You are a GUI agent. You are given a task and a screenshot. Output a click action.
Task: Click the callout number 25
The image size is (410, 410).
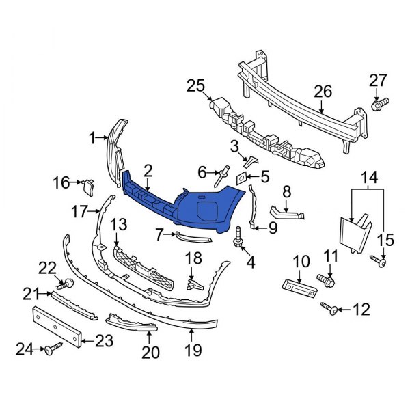pos(195,85)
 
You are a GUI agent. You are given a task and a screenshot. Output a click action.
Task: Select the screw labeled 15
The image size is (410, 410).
pos(379,260)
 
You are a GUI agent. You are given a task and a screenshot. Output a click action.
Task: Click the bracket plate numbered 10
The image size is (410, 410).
pos(298,287)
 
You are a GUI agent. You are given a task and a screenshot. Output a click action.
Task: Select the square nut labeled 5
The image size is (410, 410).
pos(243,179)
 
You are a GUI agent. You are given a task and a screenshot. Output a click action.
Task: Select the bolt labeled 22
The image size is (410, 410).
pos(68,283)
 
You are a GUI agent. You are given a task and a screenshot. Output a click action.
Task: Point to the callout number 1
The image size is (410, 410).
pos(92,139)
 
